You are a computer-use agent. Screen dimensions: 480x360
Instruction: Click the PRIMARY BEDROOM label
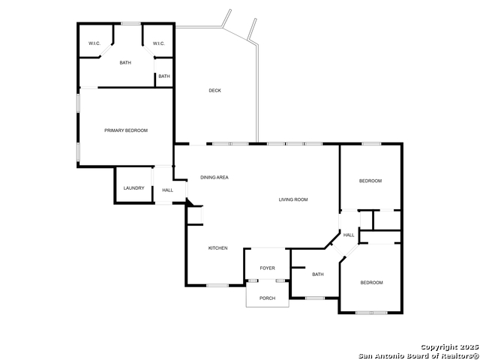tap(126, 130)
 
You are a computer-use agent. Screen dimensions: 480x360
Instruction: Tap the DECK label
tap(214, 91)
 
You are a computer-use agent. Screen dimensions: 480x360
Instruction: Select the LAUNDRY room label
tap(133, 188)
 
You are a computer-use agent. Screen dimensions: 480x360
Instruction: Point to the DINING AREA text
tap(214, 177)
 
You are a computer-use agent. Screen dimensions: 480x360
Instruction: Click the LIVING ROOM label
tap(293, 199)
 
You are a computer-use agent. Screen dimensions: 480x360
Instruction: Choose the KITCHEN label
tap(217, 248)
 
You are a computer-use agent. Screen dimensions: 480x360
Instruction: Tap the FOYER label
tap(267, 268)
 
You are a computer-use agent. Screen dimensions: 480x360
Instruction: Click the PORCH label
tap(267, 298)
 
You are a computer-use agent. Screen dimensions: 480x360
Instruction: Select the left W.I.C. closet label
tap(94, 43)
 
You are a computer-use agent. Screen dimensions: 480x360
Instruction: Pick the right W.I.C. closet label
tap(158, 43)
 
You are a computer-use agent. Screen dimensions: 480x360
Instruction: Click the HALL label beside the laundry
tap(168, 190)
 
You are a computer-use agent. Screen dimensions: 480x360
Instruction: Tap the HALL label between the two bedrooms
tap(349, 235)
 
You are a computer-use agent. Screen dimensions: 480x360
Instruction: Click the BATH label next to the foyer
tap(318, 274)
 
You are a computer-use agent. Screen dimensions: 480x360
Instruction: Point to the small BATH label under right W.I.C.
tap(164, 76)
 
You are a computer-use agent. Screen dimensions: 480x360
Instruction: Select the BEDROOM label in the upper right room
tap(370, 181)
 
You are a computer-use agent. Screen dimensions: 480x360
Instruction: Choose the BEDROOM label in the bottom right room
tap(371, 283)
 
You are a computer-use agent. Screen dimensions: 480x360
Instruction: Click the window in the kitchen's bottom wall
tap(217, 285)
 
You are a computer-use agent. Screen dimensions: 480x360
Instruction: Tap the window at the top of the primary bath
tap(130, 23)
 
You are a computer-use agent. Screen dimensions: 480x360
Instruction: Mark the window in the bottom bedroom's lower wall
tap(371, 313)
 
